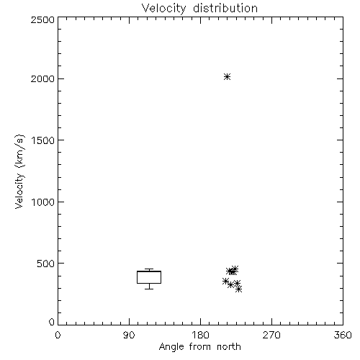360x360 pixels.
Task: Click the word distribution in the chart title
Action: pos(225,8)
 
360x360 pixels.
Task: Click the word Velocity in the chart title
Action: pos(163,9)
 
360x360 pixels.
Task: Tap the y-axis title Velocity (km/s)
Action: pos(19,171)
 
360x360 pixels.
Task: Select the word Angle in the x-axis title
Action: pos(171,347)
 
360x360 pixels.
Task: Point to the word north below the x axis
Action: pos(229,346)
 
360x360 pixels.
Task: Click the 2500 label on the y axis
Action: pos(42,19)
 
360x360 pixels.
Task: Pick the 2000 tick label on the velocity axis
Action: pos(42,78)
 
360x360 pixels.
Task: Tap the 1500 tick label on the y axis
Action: pos(43,140)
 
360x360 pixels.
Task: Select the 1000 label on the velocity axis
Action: pos(43,202)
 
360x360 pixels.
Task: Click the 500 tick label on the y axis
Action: pos(46,264)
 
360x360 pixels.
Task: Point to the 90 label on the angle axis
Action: pos(129,335)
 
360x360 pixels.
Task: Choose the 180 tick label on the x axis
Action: pos(200,335)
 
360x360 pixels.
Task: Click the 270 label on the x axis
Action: pos(271,335)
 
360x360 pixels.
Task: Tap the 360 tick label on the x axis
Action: pos(343,335)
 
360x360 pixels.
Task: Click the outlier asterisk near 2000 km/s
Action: pos(227,77)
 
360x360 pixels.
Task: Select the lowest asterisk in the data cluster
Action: pos(238,289)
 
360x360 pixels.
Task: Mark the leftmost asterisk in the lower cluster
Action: pos(225,281)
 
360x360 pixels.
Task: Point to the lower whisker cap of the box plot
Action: pos(149,289)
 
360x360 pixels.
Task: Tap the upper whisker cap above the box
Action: pos(149,269)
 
